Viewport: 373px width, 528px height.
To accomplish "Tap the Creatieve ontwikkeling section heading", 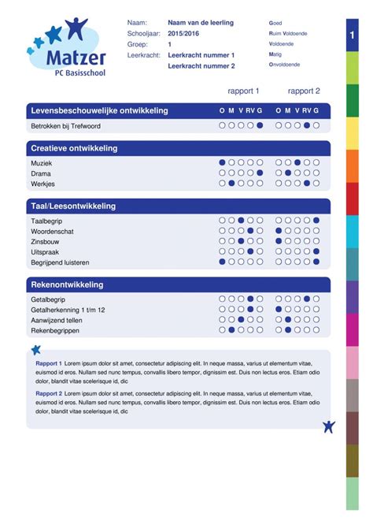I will (74, 148).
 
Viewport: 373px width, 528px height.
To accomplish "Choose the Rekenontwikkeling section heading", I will (67, 284).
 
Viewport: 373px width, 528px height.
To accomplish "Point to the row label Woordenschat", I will (53, 232).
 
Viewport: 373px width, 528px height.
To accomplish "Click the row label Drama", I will (41, 173).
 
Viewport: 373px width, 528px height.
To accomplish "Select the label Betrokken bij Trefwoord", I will (65, 125).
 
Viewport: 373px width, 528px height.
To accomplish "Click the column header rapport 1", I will (243, 91).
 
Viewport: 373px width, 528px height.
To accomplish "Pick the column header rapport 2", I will (304, 91).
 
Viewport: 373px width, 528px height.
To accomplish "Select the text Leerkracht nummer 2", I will (201, 66).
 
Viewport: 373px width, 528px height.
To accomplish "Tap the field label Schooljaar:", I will (143, 35).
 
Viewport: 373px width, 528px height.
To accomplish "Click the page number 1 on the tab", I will (351, 36).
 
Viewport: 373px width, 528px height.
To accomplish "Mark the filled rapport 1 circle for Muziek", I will (223, 163).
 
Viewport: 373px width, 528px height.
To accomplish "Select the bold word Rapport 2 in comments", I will (49, 392).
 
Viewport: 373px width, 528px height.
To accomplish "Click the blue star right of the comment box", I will (329, 426).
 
